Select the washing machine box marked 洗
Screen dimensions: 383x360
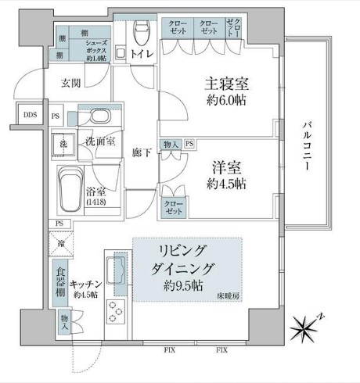click(61, 145)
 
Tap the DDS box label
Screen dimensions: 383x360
click(30, 115)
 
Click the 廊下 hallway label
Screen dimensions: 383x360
click(141, 154)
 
